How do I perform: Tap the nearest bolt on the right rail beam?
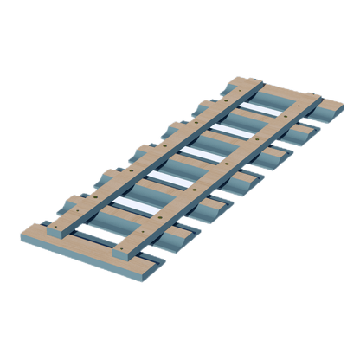tap(128, 244)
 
